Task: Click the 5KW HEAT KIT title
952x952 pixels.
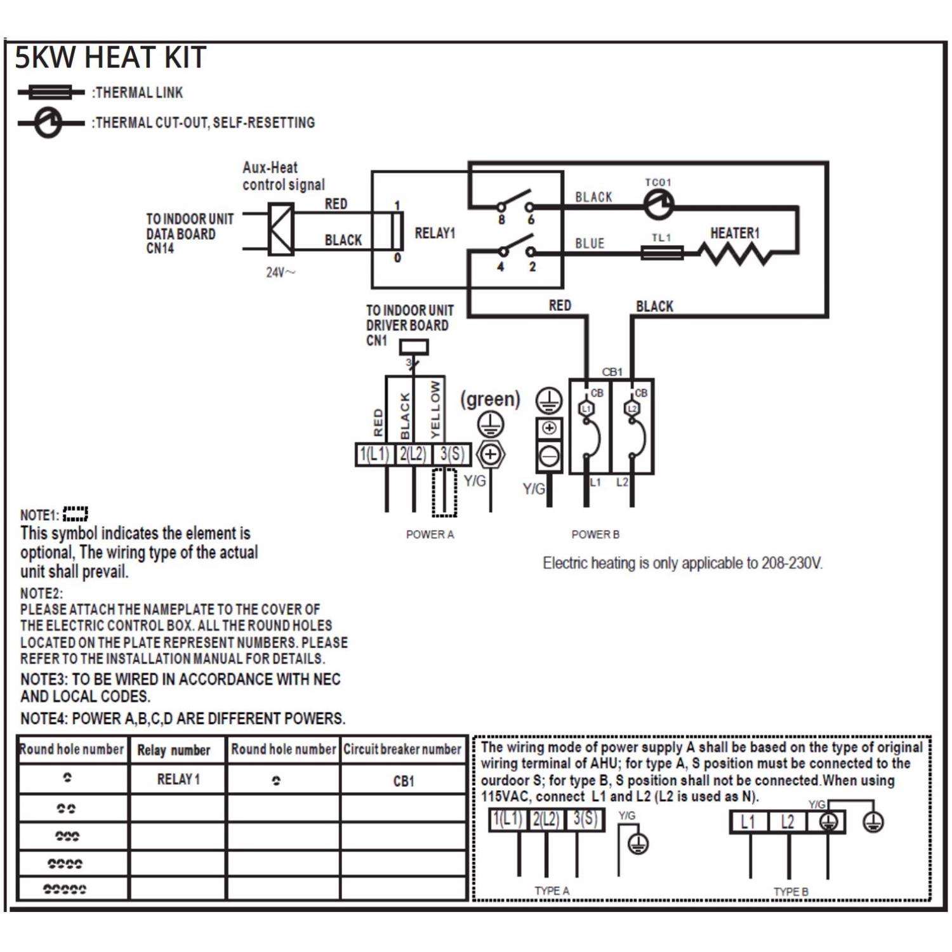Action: (x=110, y=58)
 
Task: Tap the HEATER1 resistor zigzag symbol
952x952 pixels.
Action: (x=735, y=254)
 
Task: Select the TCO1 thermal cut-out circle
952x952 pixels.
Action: (x=658, y=204)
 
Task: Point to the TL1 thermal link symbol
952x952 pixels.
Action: (x=662, y=253)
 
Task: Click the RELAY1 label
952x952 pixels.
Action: (x=435, y=234)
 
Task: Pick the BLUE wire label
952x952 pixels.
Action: (x=590, y=244)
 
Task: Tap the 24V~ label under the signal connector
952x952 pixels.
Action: (x=280, y=273)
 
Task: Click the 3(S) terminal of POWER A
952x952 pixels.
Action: (x=452, y=454)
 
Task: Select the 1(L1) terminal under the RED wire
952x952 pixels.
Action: (x=374, y=454)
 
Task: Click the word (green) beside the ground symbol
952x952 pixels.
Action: (x=490, y=399)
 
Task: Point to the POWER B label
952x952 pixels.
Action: (x=595, y=534)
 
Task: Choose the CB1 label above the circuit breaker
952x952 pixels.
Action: (x=612, y=372)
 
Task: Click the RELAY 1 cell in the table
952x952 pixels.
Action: (x=178, y=779)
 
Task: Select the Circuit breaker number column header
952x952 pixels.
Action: (x=402, y=750)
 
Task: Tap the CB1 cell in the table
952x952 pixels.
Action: (x=404, y=781)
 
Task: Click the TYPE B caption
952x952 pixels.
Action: (x=791, y=892)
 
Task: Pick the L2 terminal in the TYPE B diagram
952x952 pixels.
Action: (x=787, y=823)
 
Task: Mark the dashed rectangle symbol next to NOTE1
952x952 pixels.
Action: (x=76, y=513)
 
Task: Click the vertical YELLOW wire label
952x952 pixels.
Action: (x=435, y=409)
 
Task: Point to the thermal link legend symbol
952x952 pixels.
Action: (x=51, y=93)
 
